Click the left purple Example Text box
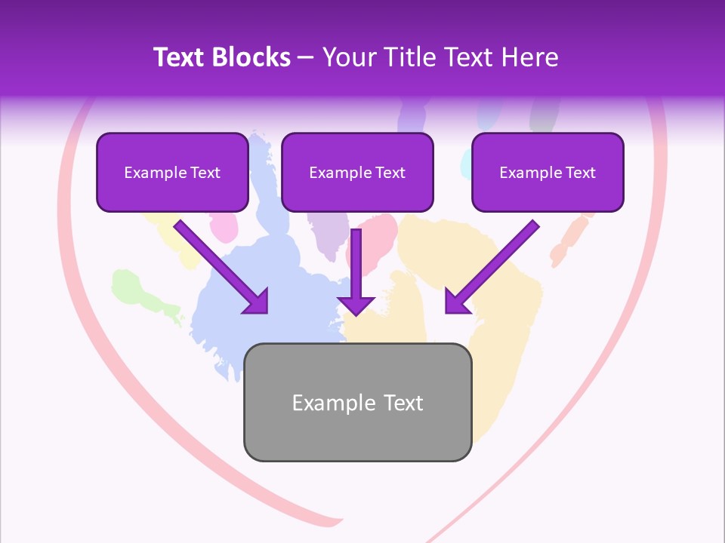(x=172, y=173)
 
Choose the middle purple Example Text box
(x=357, y=173)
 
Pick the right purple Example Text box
(x=548, y=173)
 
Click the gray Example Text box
(x=357, y=403)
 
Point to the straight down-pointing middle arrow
(x=356, y=271)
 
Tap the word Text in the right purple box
(x=579, y=173)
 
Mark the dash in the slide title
(x=306, y=58)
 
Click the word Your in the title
(x=348, y=57)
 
